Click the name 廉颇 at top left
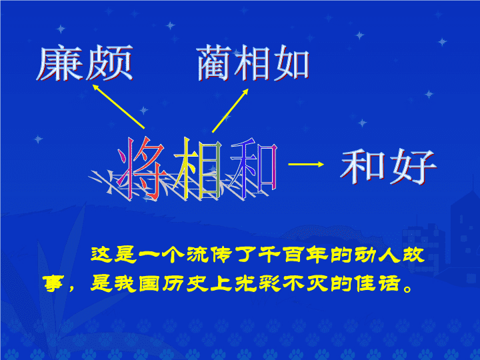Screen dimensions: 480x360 [85, 63]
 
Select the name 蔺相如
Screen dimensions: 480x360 [253, 63]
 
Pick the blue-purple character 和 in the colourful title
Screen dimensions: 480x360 [254, 168]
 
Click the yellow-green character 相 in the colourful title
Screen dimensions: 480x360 [198, 168]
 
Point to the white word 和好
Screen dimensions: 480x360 [389, 167]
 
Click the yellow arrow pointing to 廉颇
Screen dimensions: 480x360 [119, 107]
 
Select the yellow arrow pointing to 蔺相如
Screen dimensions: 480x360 [230, 111]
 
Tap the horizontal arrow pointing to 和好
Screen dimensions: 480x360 [306, 165]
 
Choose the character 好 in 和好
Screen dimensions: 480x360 [413, 167]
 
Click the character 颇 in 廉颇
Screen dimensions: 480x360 [109, 63]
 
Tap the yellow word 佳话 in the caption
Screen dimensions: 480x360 [377, 283]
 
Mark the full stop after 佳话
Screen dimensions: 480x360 [408, 289]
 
